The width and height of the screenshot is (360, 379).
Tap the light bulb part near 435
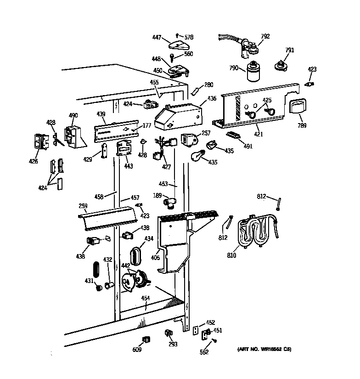197,157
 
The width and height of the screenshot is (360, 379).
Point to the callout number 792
265,36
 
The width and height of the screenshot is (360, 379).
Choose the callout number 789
302,125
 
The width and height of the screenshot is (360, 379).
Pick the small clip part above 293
169,333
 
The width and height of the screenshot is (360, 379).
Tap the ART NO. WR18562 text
264,350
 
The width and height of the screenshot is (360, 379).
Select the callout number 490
73,115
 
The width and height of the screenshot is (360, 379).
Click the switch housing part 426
40,141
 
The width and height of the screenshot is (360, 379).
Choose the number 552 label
204,352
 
